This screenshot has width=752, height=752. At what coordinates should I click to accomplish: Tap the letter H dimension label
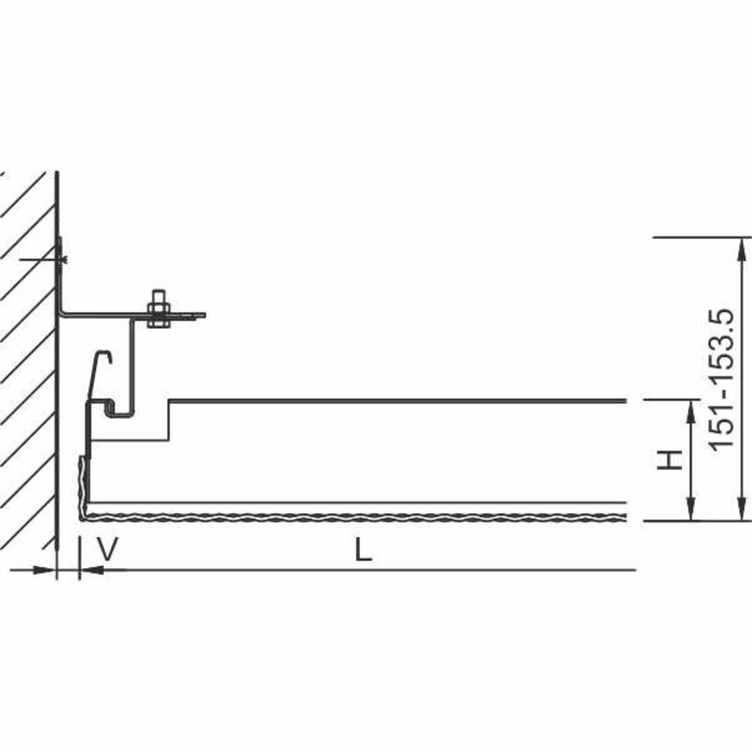670,460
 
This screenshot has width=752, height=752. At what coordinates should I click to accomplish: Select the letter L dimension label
363,550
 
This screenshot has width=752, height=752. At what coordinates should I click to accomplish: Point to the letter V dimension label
107,550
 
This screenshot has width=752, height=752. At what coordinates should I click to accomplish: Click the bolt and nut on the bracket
158,309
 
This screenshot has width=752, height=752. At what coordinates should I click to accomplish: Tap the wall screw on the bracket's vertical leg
61,259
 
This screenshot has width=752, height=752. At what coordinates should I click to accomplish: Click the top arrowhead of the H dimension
691,413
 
